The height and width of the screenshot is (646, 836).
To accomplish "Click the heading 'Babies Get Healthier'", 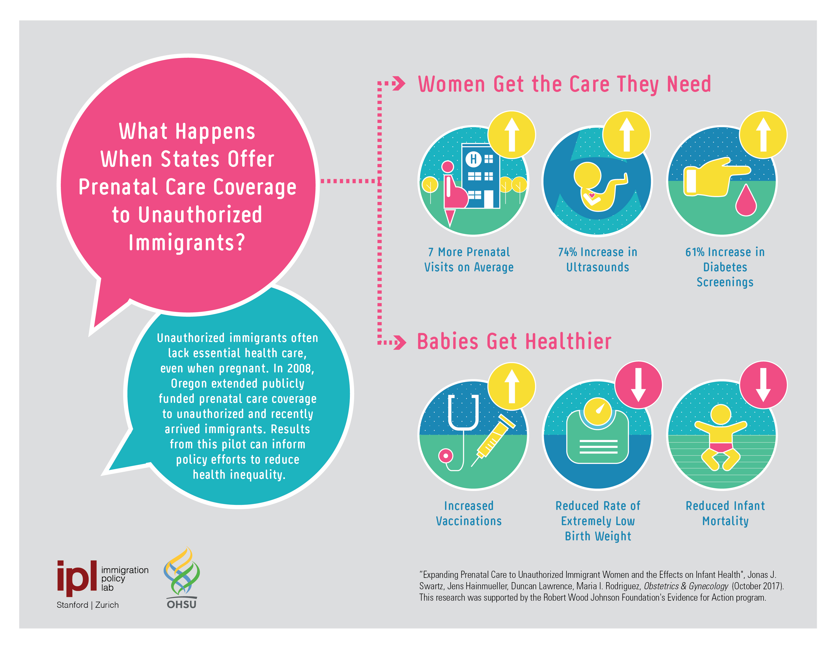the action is (514, 341).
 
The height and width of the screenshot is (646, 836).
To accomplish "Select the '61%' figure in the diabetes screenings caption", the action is (695, 252).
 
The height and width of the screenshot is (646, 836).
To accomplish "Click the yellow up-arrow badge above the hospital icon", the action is (511, 135).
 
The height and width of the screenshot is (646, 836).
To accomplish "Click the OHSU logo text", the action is (181, 604).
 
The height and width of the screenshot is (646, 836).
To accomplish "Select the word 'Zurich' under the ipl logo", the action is (107, 605).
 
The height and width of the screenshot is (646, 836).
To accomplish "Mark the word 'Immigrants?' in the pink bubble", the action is (187, 243).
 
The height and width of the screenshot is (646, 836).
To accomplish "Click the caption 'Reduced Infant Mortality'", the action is (725, 514).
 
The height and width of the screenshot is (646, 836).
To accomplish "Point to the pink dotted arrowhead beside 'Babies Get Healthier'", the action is (400, 343).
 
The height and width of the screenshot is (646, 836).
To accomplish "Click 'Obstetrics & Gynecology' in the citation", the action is (686, 586).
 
